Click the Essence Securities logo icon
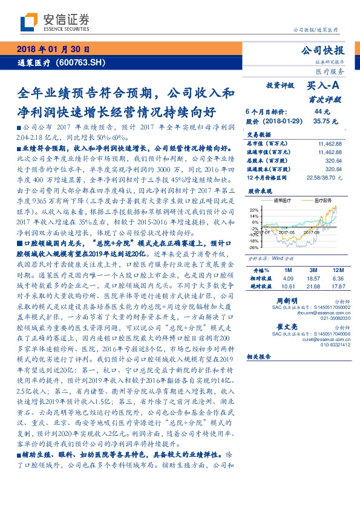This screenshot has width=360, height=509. click(x=29, y=22)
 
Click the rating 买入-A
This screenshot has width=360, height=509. click(x=326, y=88)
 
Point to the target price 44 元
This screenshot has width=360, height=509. click(x=322, y=112)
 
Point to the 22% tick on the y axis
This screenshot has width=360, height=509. click(x=254, y=209)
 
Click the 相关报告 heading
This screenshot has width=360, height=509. click(x=261, y=358)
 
